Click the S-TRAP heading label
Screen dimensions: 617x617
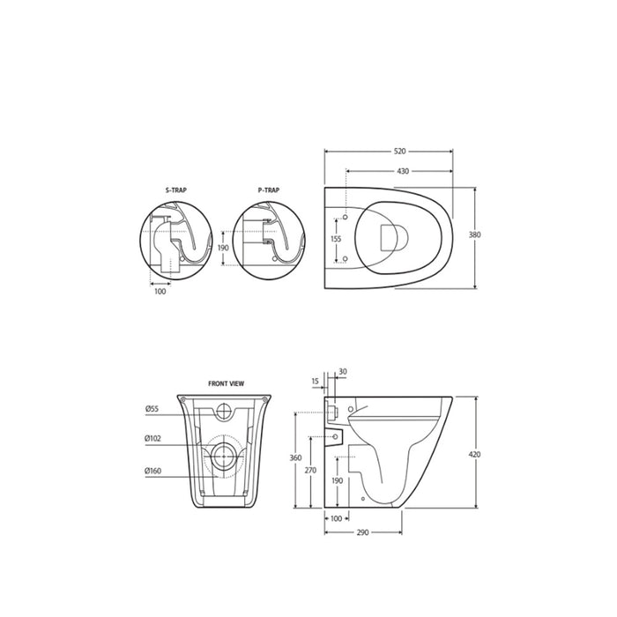[x=176, y=190]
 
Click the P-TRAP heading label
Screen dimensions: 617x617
[x=269, y=190]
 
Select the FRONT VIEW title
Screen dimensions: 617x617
[x=226, y=383]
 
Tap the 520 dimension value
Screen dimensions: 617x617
[x=399, y=151]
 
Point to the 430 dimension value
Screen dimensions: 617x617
[x=403, y=171]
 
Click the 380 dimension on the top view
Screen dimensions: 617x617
[x=475, y=235]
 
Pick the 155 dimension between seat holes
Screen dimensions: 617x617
[x=336, y=239]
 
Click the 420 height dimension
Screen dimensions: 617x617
[x=475, y=455]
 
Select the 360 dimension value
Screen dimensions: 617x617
[x=295, y=458]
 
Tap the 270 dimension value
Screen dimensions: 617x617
[x=310, y=470]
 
